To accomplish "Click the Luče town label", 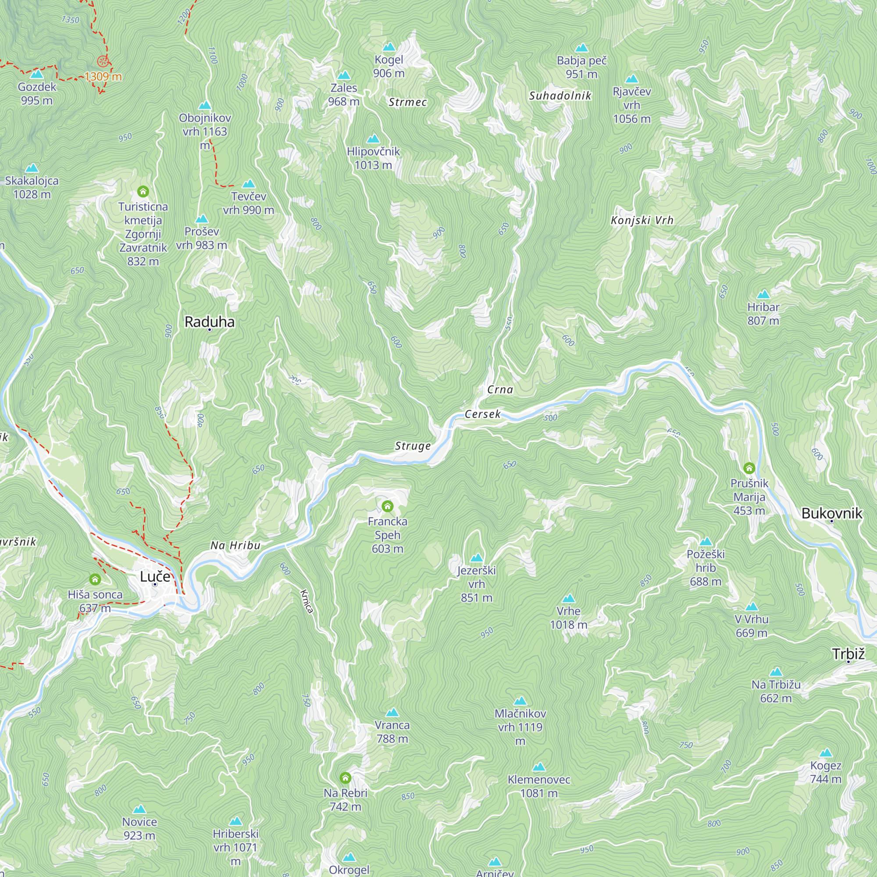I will [155, 577].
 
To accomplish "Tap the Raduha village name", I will [209, 322].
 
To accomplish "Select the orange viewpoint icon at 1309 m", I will [103, 61].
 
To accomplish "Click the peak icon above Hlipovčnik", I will [373, 139].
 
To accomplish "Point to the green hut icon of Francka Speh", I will [387, 506].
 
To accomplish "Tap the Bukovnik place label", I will [831, 513].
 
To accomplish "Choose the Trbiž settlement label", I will [848, 654].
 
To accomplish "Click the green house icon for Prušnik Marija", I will [749, 468].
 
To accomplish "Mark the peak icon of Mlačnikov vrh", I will [520, 701].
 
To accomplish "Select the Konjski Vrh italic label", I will [642, 221].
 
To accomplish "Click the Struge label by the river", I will [413, 446].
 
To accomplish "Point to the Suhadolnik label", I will [560, 96].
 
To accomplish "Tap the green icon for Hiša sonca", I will [95, 579].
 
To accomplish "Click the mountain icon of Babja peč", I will [581, 48].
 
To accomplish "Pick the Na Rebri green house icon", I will [346, 778].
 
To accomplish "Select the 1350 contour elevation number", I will [70, 20].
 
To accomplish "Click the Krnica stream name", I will [307, 601].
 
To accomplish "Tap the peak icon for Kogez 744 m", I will [826, 753].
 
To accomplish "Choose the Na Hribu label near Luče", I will [235, 545].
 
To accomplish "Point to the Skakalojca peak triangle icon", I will [32, 168].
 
